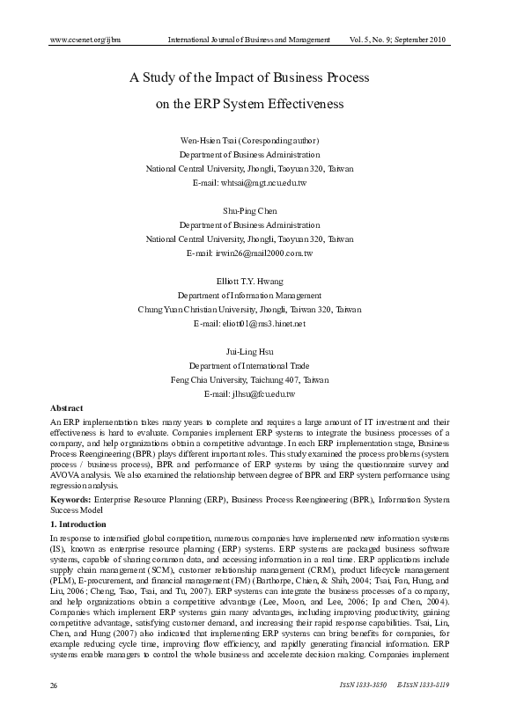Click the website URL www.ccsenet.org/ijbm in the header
[x=85, y=40]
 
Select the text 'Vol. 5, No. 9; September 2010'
[x=410, y=40]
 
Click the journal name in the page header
[x=248, y=40]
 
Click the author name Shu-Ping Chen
[x=249, y=210]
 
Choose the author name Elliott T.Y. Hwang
[x=249, y=282]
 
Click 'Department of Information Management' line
[x=249, y=296]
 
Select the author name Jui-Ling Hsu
[x=249, y=352]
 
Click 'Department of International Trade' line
[x=249, y=366]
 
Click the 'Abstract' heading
[x=67, y=408]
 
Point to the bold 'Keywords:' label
[x=71, y=499]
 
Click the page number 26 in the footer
[x=55, y=685]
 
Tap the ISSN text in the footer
[x=412, y=685]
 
